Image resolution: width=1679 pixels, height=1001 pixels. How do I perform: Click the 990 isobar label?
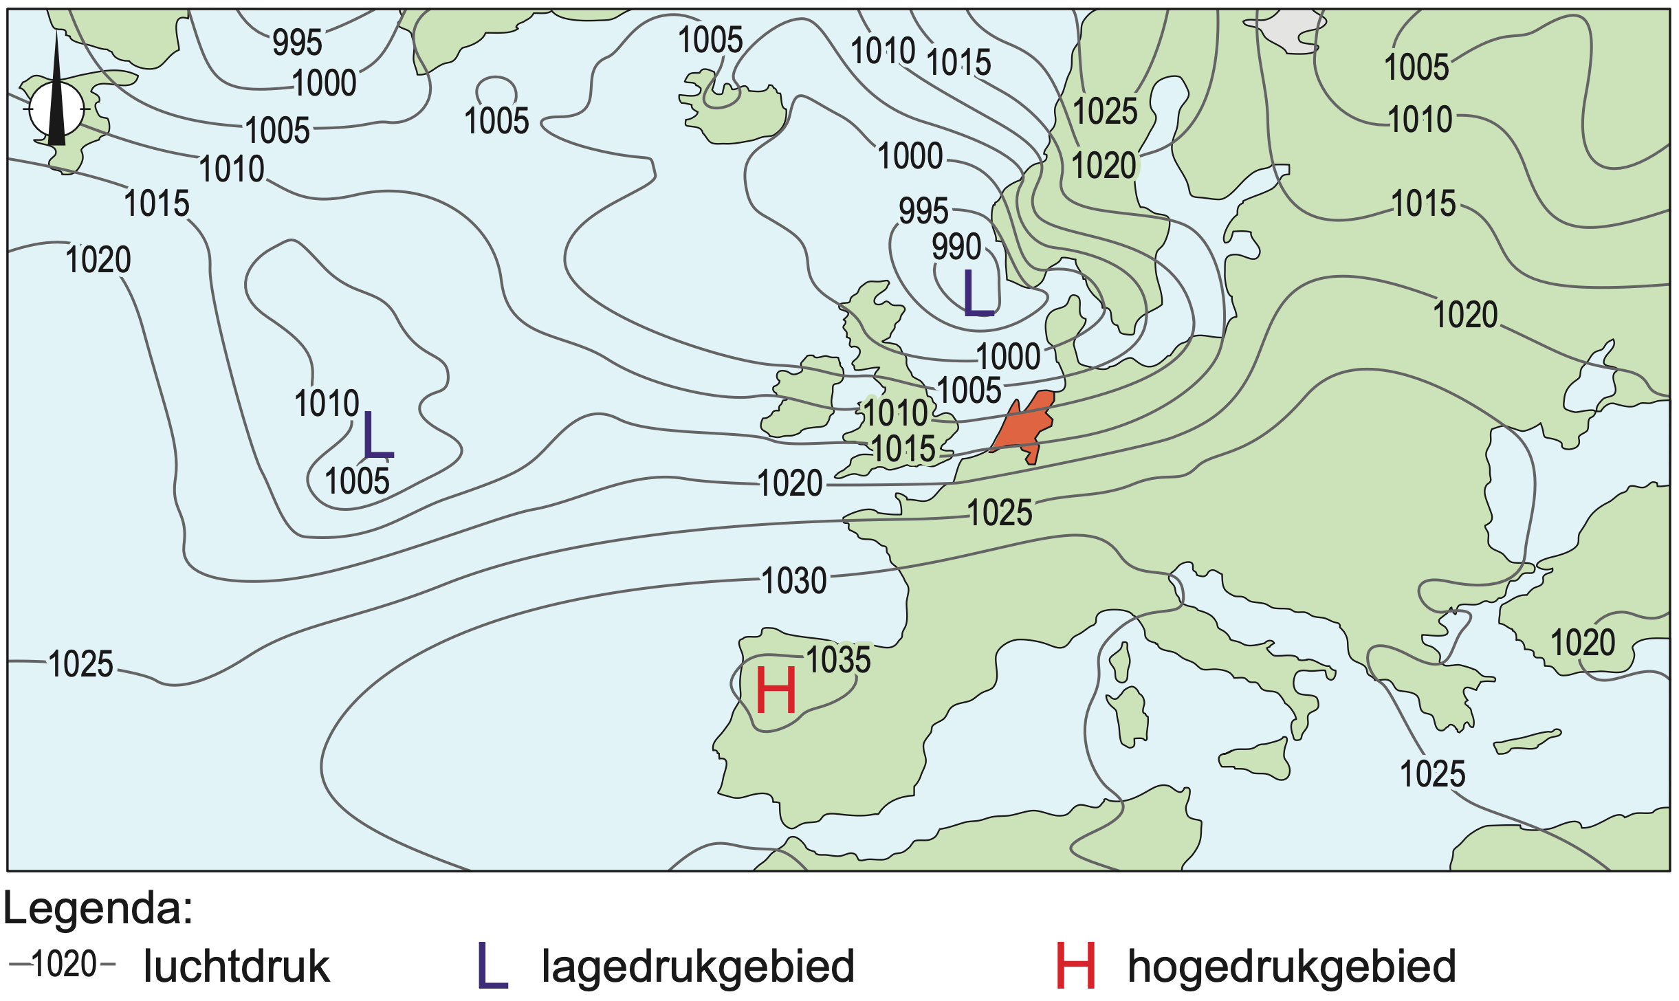(956, 247)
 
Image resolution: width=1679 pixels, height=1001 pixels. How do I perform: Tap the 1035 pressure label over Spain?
(838, 660)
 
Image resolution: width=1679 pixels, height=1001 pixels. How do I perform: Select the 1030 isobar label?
(794, 581)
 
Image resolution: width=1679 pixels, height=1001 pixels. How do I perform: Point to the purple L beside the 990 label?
(978, 294)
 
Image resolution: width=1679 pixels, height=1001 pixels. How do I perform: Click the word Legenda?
(98, 909)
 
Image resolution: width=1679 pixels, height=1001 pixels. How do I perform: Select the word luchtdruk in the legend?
(237, 967)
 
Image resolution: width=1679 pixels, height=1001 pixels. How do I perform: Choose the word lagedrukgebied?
(698, 967)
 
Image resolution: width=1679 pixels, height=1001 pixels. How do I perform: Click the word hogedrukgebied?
(1292, 967)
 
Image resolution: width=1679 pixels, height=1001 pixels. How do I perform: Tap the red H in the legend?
(1075, 966)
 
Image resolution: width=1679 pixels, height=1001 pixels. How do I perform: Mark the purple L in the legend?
(492, 966)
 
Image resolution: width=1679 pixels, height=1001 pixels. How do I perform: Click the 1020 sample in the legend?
(63, 964)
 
